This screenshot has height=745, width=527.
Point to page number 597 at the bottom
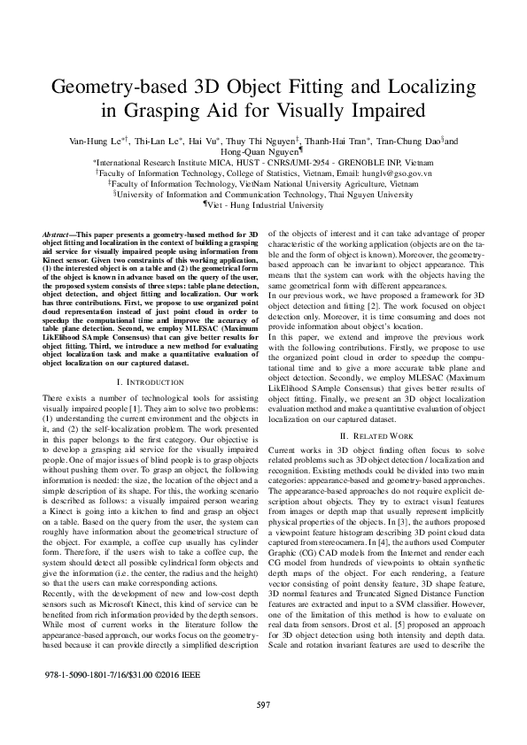coord(263,704)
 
